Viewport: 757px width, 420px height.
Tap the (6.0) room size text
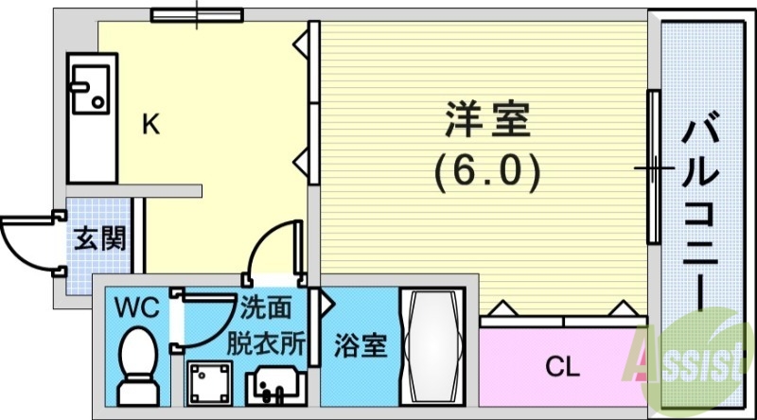(x=487, y=169)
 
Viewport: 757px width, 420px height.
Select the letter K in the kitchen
(x=150, y=124)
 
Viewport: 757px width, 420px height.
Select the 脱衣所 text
(x=265, y=341)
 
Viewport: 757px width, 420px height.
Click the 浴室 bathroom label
(x=361, y=345)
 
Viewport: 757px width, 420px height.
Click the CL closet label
(x=562, y=365)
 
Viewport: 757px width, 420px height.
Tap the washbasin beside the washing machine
(x=273, y=387)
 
